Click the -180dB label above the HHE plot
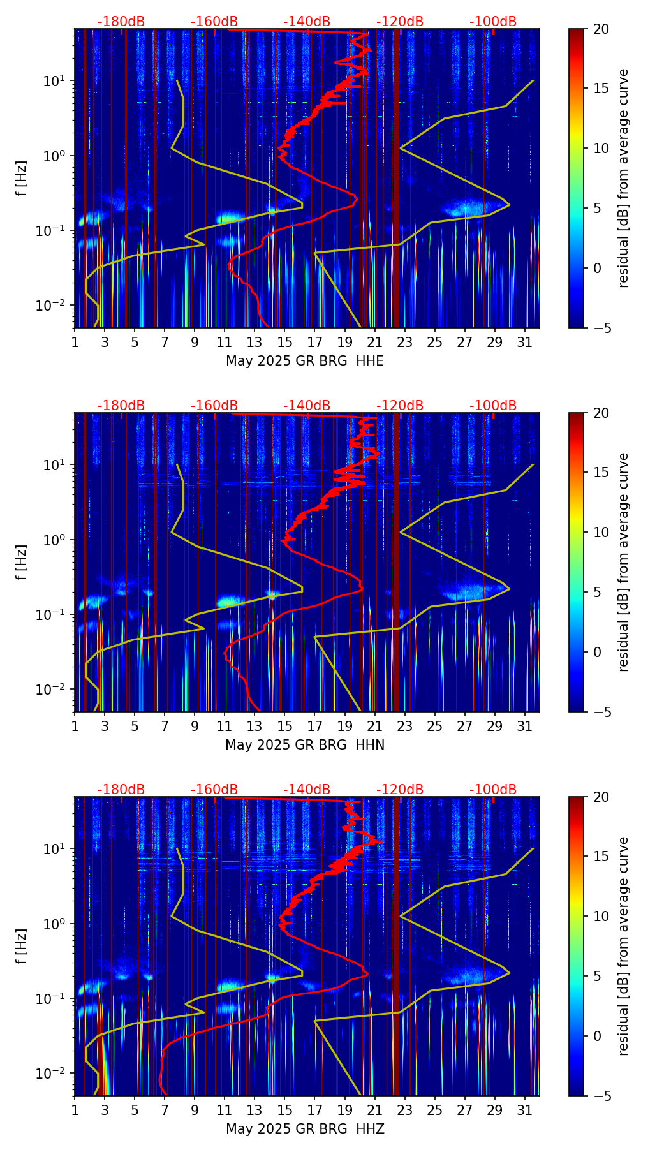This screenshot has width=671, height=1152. (121, 22)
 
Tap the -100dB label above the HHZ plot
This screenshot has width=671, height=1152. (493, 790)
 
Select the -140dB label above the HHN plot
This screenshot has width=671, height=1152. (307, 406)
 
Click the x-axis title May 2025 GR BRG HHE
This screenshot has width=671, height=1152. (305, 361)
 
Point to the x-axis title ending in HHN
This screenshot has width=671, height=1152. (305, 745)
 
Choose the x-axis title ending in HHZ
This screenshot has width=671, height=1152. (305, 1129)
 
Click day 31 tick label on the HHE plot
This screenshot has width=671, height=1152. (525, 342)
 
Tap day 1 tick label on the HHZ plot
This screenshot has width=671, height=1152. (75, 1110)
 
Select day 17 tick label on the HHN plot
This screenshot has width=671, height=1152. (315, 726)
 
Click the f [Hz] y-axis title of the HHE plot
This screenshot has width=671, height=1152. (22, 179)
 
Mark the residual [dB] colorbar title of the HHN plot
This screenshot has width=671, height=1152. (624, 562)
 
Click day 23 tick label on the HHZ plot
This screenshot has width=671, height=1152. (405, 1110)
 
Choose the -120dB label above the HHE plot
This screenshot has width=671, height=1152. (400, 22)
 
